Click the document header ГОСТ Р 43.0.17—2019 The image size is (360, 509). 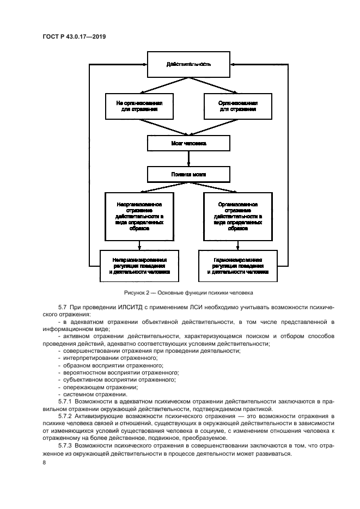tap(74, 36)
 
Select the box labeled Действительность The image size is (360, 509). tap(188, 64)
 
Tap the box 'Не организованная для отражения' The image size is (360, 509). tap(140, 106)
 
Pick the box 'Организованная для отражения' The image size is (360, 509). tap(237, 106)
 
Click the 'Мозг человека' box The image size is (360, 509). tap(188, 144)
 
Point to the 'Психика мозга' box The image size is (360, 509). tap(188, 175)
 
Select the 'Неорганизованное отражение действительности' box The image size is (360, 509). tap(140, 216)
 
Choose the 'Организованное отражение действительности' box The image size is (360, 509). tap(237, 216)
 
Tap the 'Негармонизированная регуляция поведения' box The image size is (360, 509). tap(140, 266)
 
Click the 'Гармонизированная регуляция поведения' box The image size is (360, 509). tap(237, 266)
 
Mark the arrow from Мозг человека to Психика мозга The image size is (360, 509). tap(188, 159)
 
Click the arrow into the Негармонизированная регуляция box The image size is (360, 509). tap(140, 245)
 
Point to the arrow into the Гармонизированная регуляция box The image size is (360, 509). tap(237, 245)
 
